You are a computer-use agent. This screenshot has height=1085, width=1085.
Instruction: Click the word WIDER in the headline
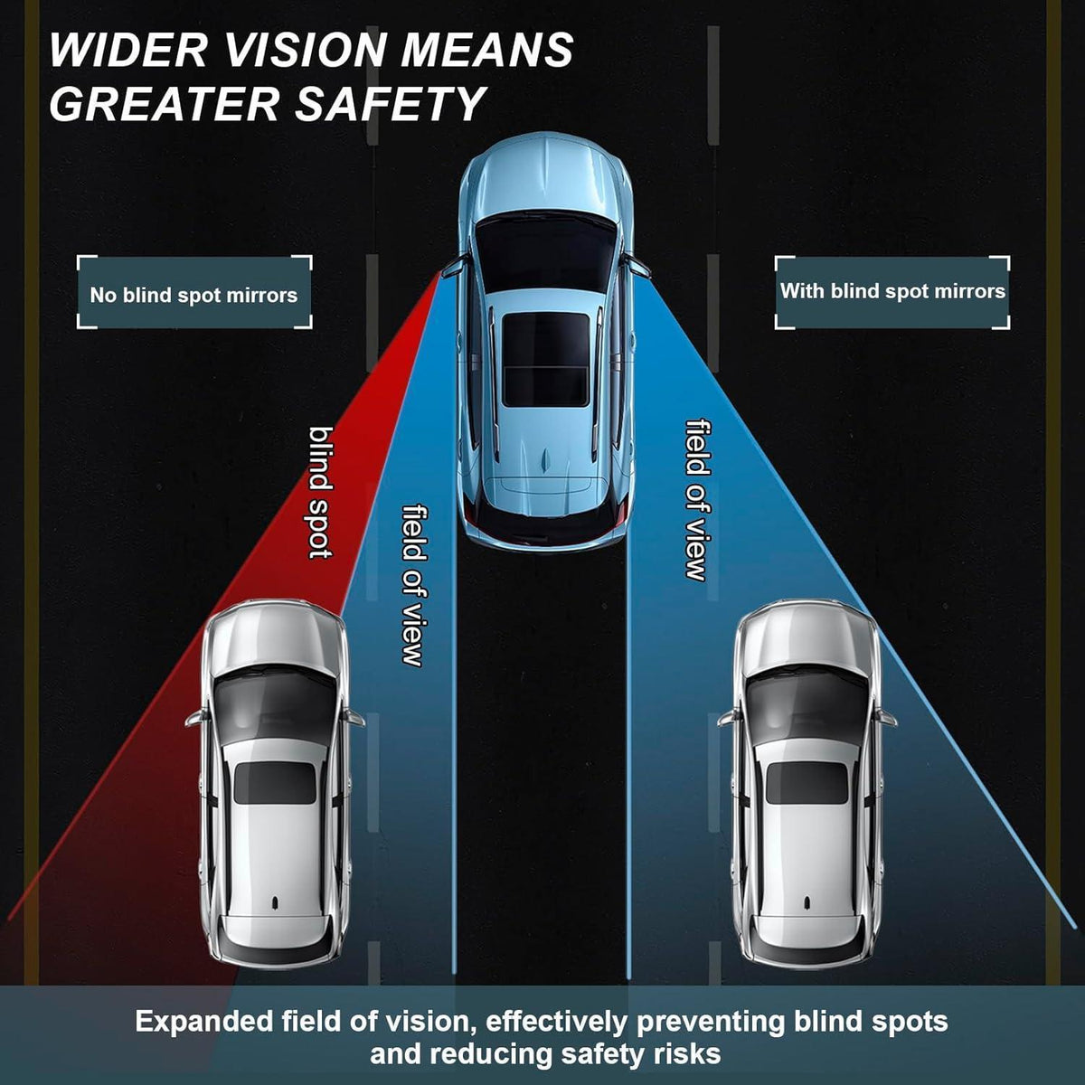click(127, 50)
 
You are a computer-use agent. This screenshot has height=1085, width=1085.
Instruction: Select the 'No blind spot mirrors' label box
click(194, 292)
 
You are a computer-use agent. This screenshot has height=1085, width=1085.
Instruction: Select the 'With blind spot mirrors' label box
click(892, 292)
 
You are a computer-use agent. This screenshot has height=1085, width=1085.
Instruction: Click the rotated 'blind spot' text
click(321, 493)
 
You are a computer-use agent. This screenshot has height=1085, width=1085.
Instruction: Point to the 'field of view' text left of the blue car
click(414, 586)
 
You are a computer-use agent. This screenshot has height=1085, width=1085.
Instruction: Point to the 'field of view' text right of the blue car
click(698, 499)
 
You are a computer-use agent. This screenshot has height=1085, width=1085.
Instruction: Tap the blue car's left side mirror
click(454, 268)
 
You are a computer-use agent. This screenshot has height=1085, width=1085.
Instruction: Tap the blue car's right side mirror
click(637, 266)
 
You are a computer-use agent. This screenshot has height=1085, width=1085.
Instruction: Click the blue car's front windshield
click(545, 251)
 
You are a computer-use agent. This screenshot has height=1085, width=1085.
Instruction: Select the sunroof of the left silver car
click(275, 783)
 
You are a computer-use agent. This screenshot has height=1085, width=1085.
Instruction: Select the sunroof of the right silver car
click(807, 783)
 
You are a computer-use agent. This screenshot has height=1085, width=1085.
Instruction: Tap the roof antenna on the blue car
click(545, 460)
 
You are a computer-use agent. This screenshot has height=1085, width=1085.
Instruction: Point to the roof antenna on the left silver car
click(275, 903)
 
